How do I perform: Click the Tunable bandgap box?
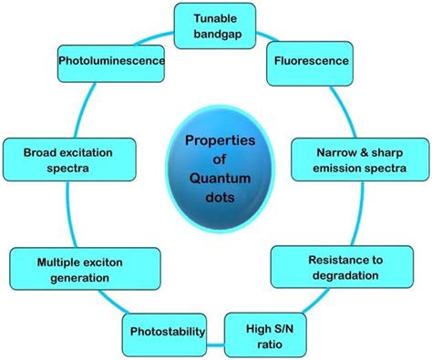click(215, 25)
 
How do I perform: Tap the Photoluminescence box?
click(110, 61)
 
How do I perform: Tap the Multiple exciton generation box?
click(65, 269)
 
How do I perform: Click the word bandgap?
click(215, 33)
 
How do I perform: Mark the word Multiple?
click(43, 261)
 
